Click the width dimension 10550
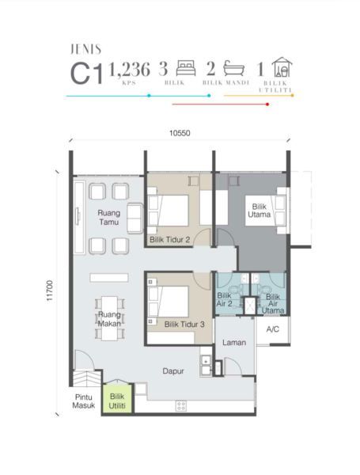coord(180,133)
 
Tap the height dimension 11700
coord(50,291)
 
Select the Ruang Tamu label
coord(109,218)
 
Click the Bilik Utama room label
coord(260,211)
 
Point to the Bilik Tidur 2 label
coord(170,240)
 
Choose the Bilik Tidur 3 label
coord(184,325)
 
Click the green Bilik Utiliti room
coord(117,399)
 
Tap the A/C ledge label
coord(272,329)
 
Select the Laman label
coord(234,343)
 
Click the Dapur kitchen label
coord(173,371)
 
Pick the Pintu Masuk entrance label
coord(84,401)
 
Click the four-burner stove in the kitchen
coord(181,405)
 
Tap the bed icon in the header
coord(186,68)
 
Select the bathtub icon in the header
coord(234,68)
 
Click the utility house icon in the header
coord(282,67)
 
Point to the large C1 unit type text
coord(86,74)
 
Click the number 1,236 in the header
coord(129,70)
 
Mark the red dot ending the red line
coord(267,104)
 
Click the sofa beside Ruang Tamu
coord(135,218)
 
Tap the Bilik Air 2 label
coord(225,299)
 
